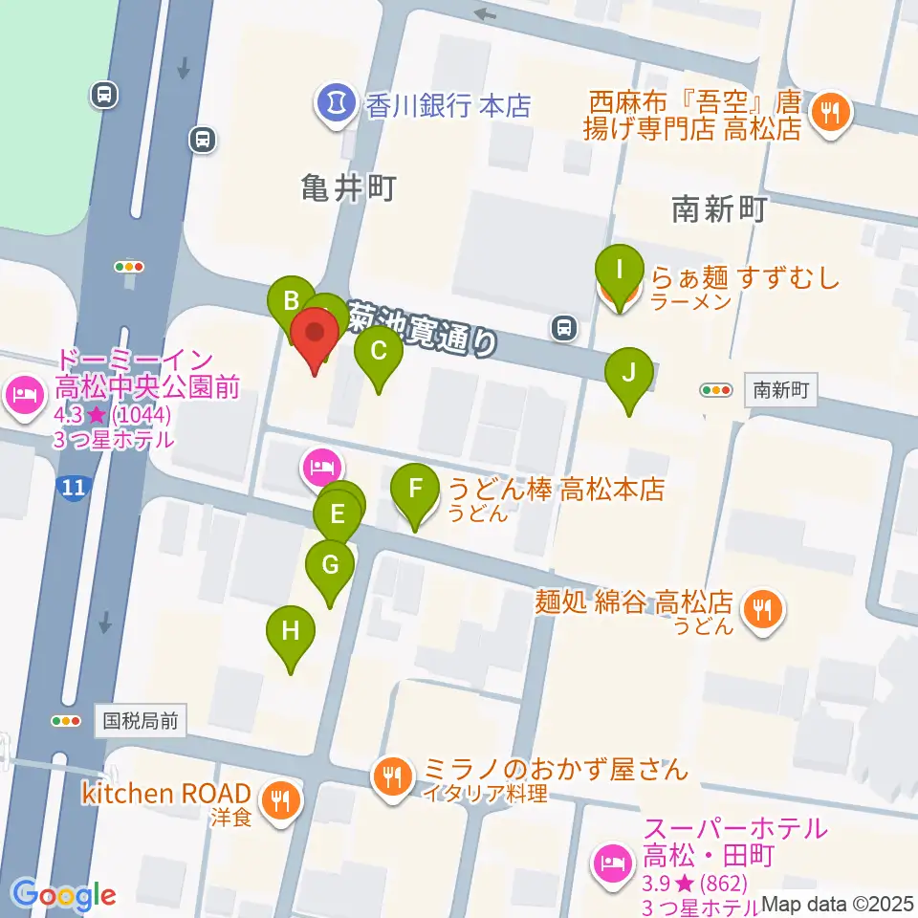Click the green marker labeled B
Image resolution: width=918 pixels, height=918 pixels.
pos(290,304)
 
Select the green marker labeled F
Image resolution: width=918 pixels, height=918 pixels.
pos(415,491)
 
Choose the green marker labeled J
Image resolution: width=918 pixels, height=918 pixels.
pos(628,374)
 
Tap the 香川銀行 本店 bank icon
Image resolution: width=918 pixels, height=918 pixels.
pos(336,102)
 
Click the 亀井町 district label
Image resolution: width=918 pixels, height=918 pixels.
pos(346,188)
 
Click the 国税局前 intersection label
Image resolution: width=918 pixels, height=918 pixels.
pos(141,720)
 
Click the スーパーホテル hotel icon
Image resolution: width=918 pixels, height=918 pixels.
pos(612,863)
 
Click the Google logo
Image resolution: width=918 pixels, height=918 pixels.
pos(64,896)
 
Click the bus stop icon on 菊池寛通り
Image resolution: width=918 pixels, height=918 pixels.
pos(564,329)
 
